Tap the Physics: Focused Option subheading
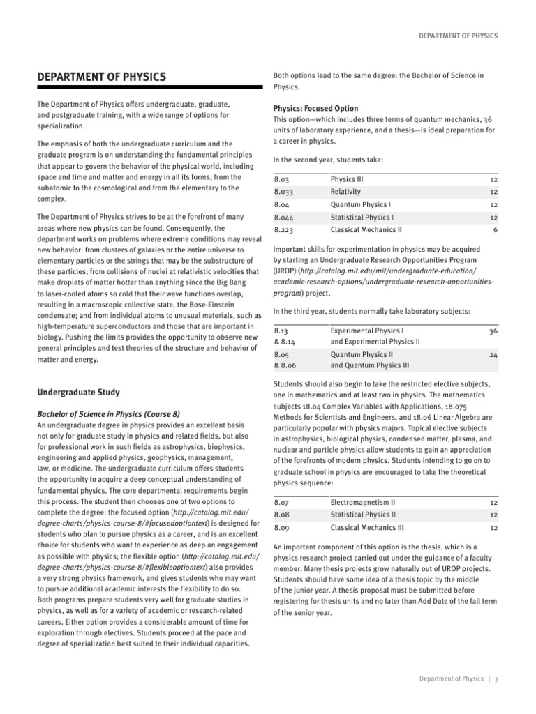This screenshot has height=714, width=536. click(x=315, y=109)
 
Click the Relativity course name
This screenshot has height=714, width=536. click(x=345, y=192)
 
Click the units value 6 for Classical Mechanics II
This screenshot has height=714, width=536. click(x=494, y=229)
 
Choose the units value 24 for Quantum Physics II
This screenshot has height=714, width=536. click(x=493, y=355)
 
